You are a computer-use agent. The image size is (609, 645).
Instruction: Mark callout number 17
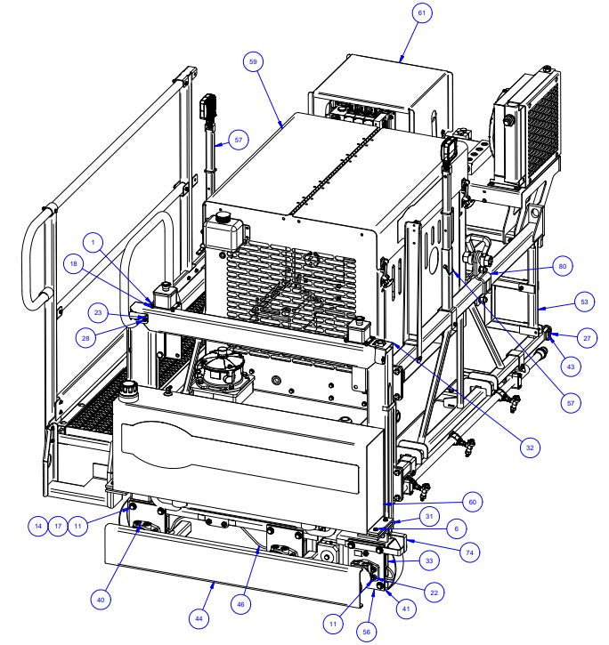(59, 526)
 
